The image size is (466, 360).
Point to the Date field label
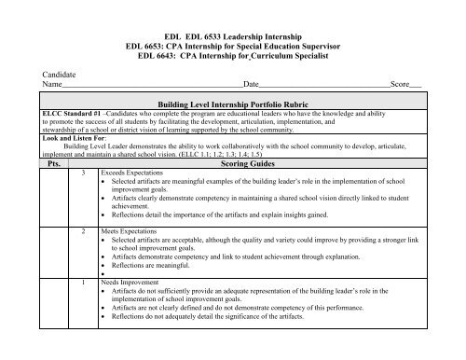click(x=251, y=83)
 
